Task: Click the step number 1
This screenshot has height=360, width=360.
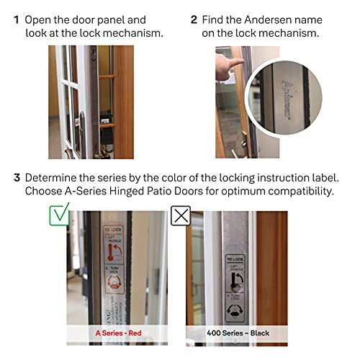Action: pos(16,19)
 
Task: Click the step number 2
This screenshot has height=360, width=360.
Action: pos(194,19)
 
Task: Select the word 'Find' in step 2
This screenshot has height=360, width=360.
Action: pos(215,19)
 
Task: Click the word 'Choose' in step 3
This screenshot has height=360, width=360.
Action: pos(45,192)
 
